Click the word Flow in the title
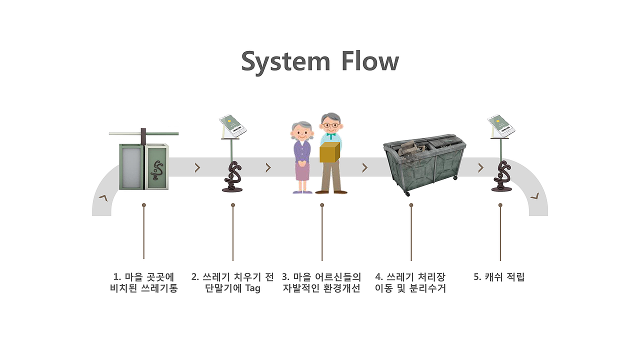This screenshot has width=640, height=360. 370,60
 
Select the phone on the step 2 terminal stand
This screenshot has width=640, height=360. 233,125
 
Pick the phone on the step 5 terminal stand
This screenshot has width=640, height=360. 501,124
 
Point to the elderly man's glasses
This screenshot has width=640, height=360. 331,125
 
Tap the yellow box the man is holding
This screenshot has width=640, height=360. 329,152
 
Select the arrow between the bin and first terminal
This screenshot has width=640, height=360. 197,167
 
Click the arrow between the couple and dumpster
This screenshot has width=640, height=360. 364,167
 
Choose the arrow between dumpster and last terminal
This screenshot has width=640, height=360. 481,167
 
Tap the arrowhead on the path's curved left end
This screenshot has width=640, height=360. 103,198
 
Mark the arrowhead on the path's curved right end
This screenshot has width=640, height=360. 534,196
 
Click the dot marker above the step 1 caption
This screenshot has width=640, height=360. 143,205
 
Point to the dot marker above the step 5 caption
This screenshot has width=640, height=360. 500,205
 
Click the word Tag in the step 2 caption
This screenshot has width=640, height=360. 253,288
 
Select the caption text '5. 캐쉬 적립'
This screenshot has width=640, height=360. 499,277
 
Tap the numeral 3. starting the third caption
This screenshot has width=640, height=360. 285,277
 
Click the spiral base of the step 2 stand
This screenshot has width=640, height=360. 232,177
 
